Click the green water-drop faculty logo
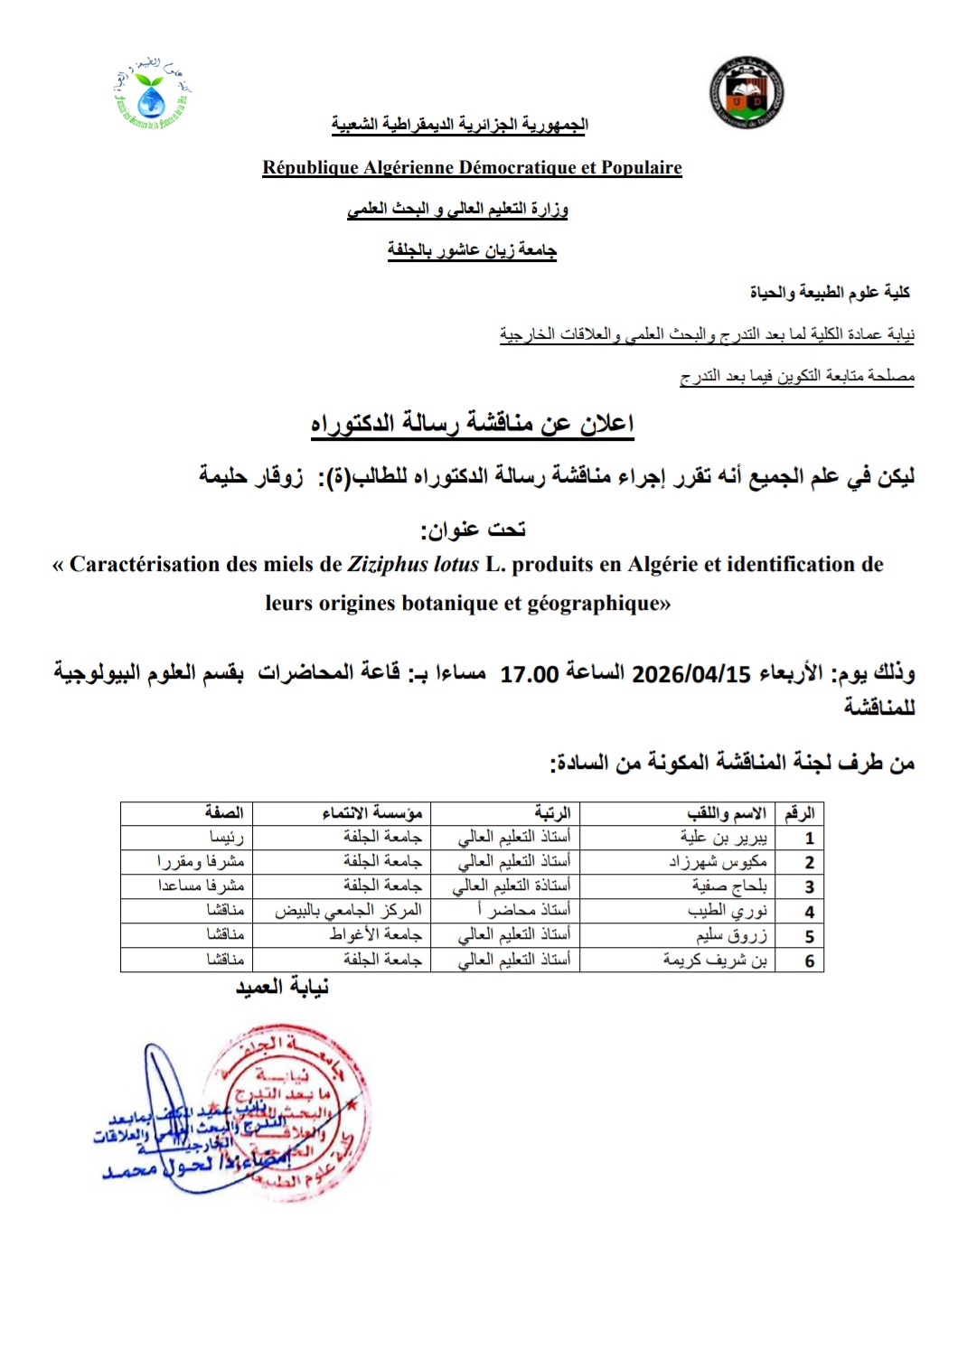(x=153, y=94)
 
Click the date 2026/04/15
(x=691, y=674)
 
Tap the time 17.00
(x=529, y=674)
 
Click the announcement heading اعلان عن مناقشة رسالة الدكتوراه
(x=472, y=424)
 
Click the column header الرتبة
(x=552, y=812)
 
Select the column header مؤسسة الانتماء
(x=372, y=812)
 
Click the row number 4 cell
(x=809, y=912)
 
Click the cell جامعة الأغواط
(x=375, y=935)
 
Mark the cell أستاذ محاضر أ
(x=523, y=911)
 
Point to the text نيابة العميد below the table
(x=282, y=988)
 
